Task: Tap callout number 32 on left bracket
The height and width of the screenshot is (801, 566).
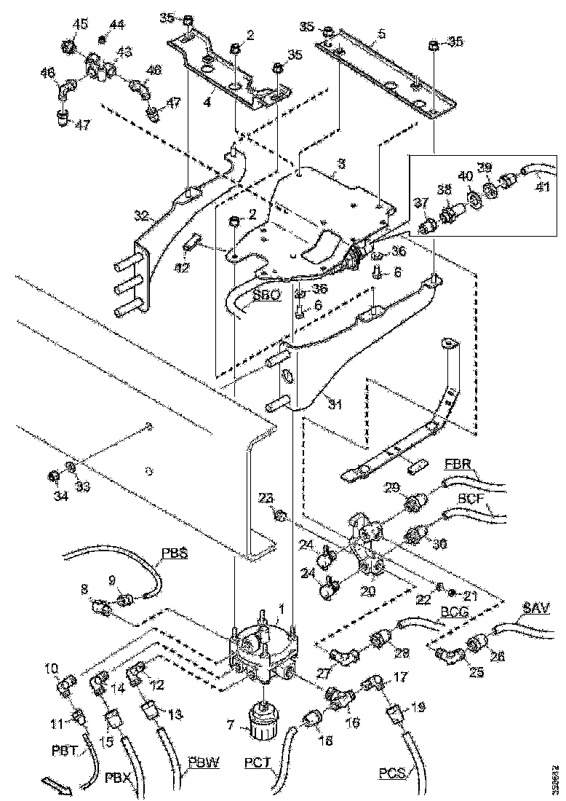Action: pyautogui.click(x=141, y=215)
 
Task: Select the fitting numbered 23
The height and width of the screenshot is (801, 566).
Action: pyautogui.click(x=279, y=516)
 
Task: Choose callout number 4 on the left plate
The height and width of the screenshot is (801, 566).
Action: pyautogui.click(x=207, y=102)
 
